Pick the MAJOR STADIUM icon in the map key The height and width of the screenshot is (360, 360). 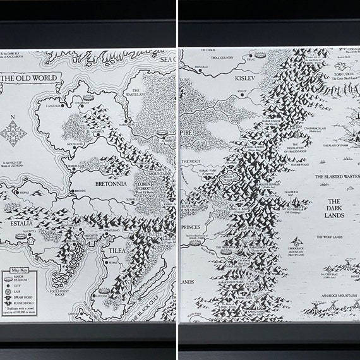tap(9, 277)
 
